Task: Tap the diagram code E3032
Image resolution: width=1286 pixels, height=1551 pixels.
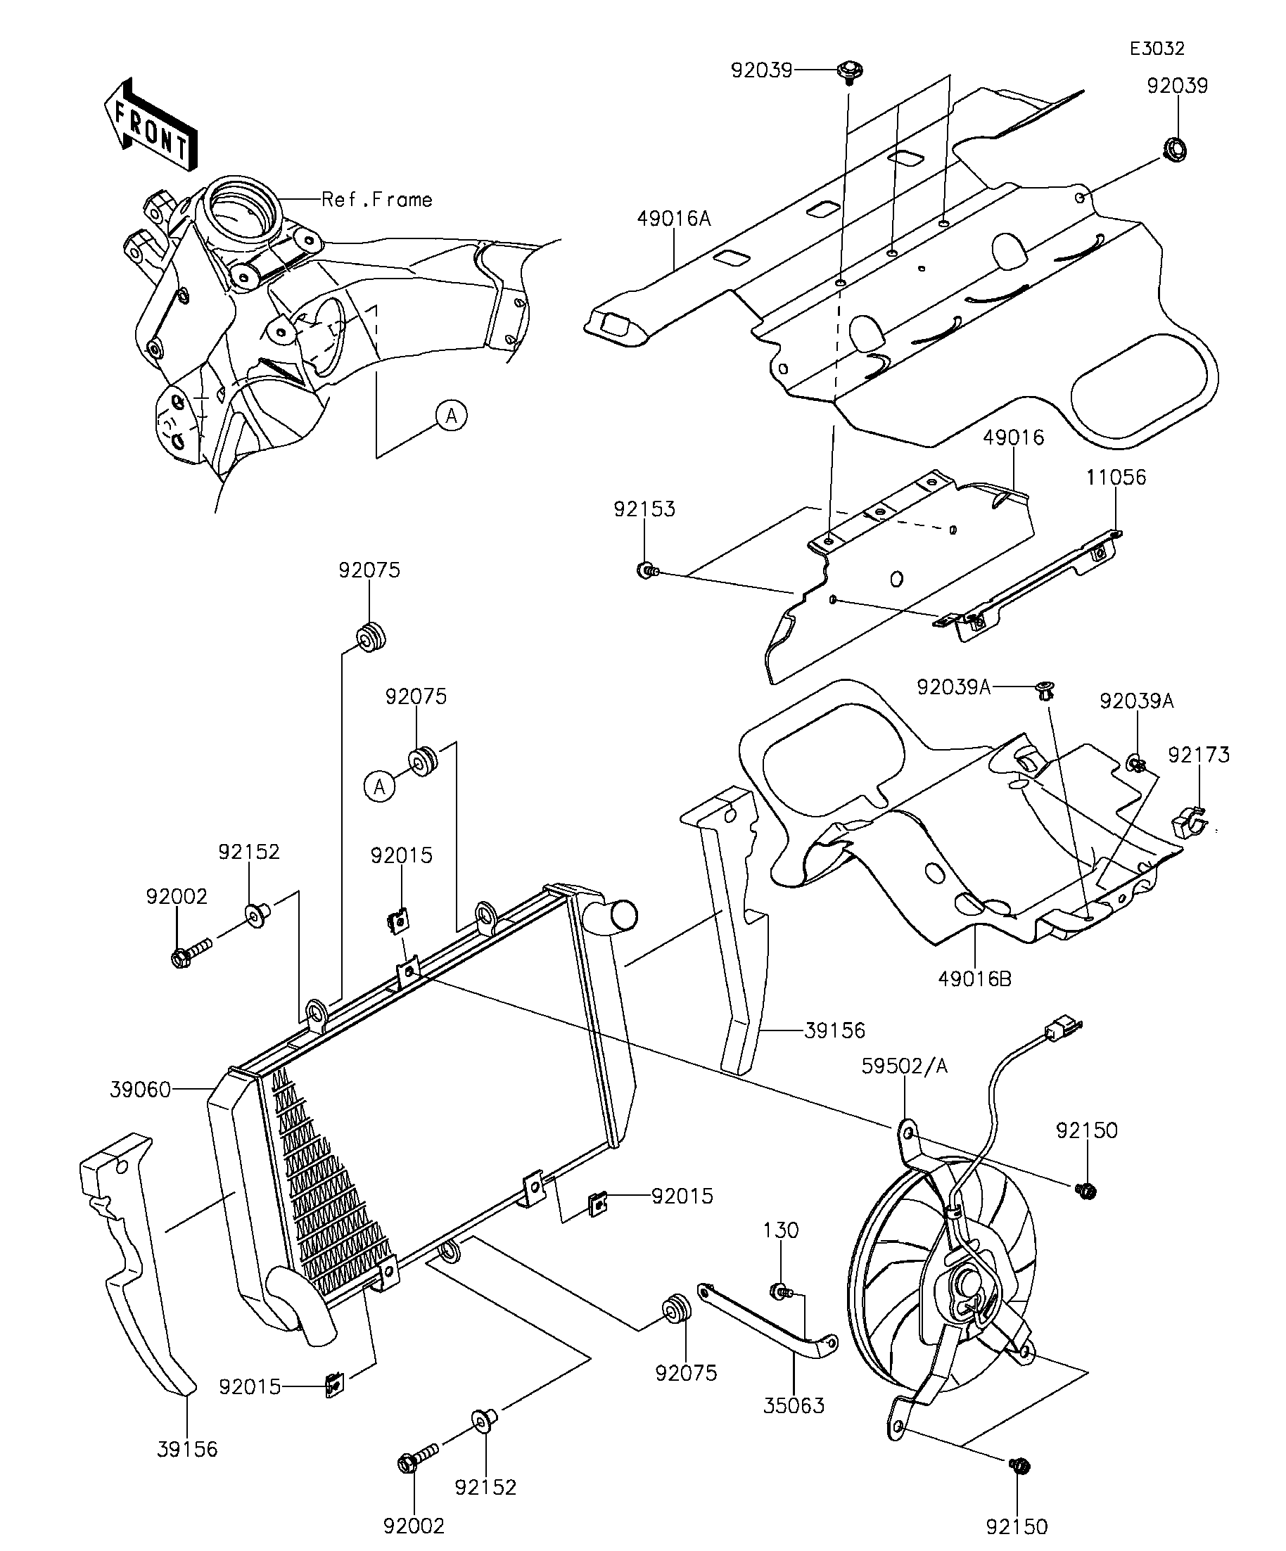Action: point(1157,49)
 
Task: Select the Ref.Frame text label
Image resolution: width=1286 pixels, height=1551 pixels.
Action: point(376,200)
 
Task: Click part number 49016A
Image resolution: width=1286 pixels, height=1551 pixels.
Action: point(674,219)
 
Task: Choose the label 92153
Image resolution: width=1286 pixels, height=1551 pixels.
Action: point(644,509)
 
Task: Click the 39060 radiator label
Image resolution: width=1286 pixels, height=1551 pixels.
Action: point(140,1090)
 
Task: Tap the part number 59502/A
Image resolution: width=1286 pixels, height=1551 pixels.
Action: point(904,1066)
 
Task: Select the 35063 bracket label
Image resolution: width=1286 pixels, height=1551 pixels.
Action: point(794,1405)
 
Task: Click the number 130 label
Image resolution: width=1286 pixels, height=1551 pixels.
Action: point(781,1230)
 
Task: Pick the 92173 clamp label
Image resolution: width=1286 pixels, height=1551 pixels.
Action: point(1198,755)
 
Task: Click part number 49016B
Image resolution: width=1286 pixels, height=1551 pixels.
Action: point(974,979)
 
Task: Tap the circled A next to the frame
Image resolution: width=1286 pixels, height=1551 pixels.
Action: point(452,416)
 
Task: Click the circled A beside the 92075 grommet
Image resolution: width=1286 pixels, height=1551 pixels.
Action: point(380,786)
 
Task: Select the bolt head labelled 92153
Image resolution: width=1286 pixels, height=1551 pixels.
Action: point(647,570)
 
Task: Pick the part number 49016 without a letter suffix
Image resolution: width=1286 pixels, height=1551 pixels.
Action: point(1014,438)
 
